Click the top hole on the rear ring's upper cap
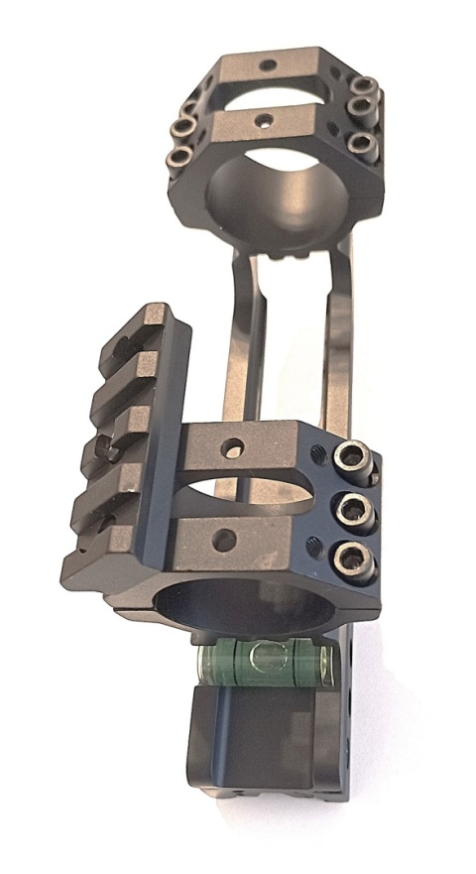[x=267, y=66]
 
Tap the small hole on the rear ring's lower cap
[x=263, y=122]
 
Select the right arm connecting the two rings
[x=335, y=347]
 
